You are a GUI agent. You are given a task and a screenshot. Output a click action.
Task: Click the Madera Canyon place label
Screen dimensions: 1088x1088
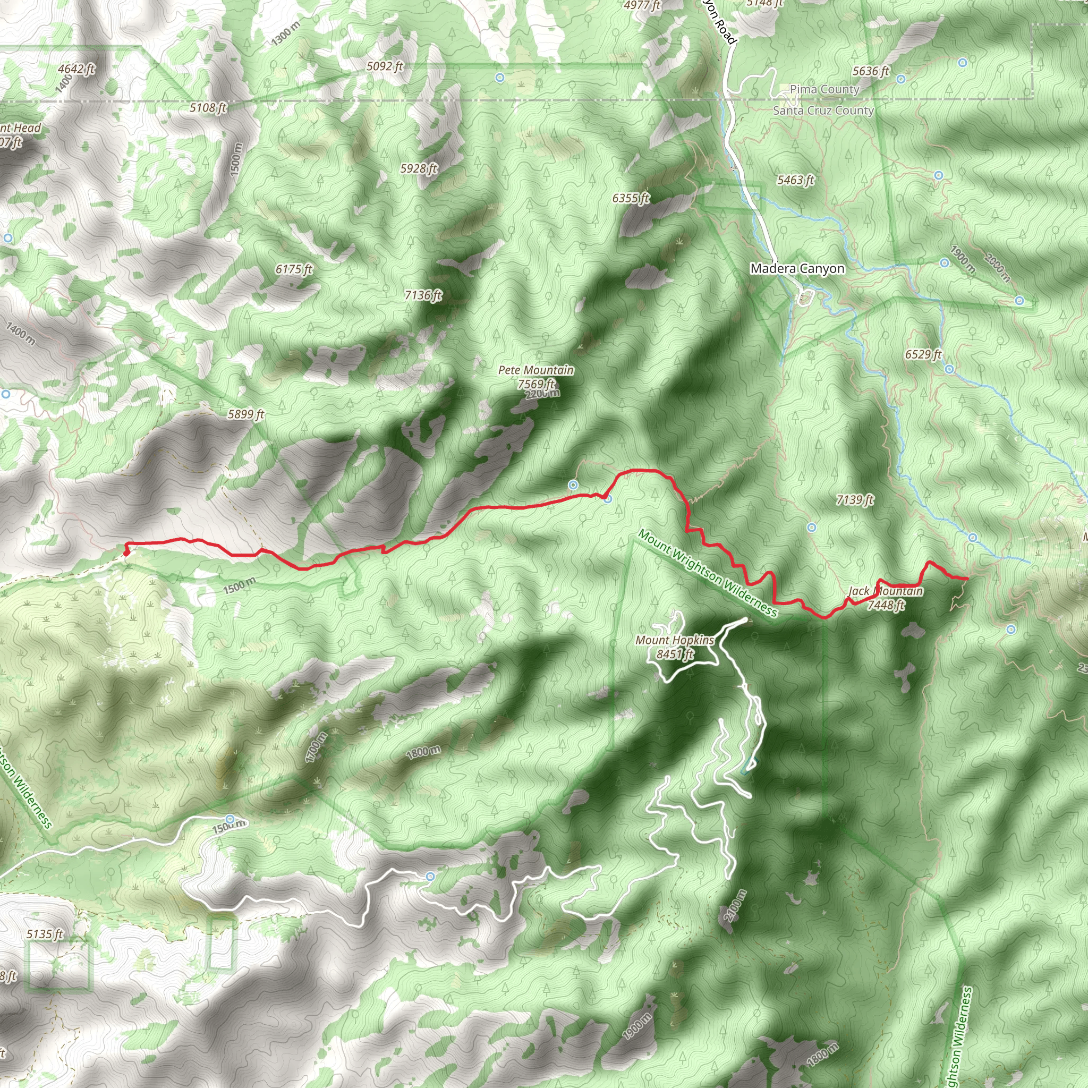click(797, 269)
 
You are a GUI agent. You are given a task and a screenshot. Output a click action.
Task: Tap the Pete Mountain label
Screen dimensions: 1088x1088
click(536, 370)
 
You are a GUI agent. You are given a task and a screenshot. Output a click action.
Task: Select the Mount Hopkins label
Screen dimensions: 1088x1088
click(675, 640)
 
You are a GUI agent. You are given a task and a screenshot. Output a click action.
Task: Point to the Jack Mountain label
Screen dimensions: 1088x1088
click(885, 591)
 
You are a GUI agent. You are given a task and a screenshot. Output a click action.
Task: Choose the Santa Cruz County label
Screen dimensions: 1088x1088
click(823, 110)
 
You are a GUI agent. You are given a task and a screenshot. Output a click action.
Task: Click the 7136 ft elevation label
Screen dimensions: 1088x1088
click(423, 295)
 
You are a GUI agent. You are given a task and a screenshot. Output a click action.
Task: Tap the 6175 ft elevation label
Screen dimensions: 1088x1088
click(293, 269)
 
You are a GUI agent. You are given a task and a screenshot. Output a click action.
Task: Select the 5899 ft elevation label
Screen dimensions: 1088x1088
click(245, 414)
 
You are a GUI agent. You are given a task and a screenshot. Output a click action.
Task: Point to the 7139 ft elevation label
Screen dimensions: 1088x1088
click(855, 499)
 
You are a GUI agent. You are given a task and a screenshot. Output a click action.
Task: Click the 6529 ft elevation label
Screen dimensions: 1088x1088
click(923, 354)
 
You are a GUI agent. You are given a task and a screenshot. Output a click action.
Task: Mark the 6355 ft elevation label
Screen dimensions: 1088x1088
click(631, 198)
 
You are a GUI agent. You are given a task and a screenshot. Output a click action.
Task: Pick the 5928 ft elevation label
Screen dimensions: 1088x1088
click(419, 168)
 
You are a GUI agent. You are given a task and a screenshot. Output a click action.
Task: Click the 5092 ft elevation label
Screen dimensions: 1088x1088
click(385, 66)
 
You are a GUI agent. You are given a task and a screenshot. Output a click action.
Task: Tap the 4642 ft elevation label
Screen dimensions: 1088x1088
click(76, 69)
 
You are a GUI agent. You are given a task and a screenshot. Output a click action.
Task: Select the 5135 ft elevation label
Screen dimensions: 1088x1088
click(45, 934)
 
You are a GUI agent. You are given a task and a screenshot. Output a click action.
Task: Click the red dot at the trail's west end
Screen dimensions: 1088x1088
click(126, 553)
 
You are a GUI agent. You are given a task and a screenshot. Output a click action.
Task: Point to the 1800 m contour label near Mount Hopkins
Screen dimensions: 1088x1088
click(423, 751)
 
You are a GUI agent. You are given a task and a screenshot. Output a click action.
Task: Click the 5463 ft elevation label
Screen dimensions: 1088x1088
click(795, 180)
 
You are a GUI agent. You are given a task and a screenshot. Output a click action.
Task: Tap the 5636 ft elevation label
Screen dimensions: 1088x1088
click(870, 71)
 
